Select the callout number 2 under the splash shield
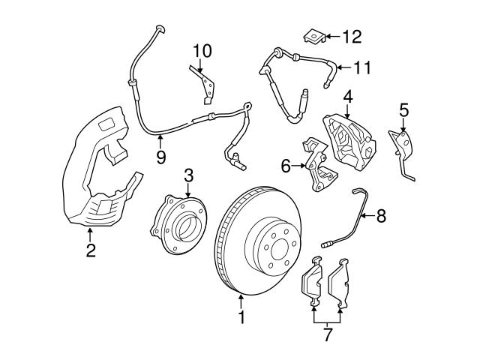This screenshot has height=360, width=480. pos(91,251)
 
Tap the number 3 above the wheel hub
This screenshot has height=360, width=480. pos(188,176)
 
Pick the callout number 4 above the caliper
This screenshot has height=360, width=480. pos(348,97)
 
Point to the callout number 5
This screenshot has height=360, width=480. pos(403,111)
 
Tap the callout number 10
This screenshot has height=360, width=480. pos(202,51)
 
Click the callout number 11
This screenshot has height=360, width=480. pos(362,67)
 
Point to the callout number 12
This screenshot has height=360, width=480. pos(352,35)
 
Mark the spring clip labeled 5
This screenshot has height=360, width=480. pos(403,147)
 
